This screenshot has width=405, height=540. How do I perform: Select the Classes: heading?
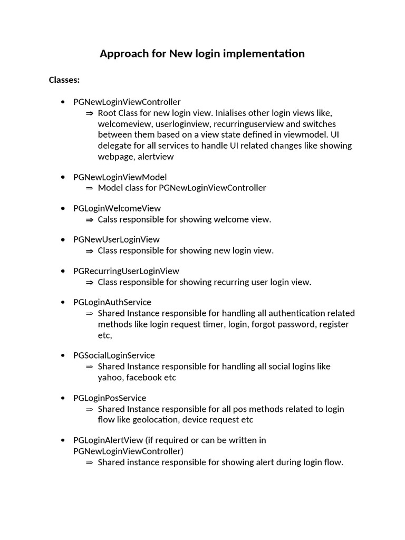[64, 80]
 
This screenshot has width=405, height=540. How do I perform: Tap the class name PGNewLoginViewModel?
[120, 177]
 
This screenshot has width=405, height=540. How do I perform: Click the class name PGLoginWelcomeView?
[117, 208]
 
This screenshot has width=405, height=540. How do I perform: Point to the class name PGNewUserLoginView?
[117, 239]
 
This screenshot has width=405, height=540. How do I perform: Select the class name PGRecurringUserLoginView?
[127, 271]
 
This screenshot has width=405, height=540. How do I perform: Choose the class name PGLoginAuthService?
[112, 302]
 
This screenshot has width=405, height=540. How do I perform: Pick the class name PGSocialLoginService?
[114, 355]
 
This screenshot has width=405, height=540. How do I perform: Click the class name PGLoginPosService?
[110, 398]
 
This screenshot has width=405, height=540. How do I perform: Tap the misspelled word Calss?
[108, 219]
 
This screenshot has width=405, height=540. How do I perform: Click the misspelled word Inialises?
[234, 113]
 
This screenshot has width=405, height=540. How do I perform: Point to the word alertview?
[156, 157]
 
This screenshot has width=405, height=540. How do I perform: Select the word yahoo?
[110, 378]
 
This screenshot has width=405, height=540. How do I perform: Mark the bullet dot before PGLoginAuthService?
[63, 303]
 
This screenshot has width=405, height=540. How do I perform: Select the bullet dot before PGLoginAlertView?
[63, 440]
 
